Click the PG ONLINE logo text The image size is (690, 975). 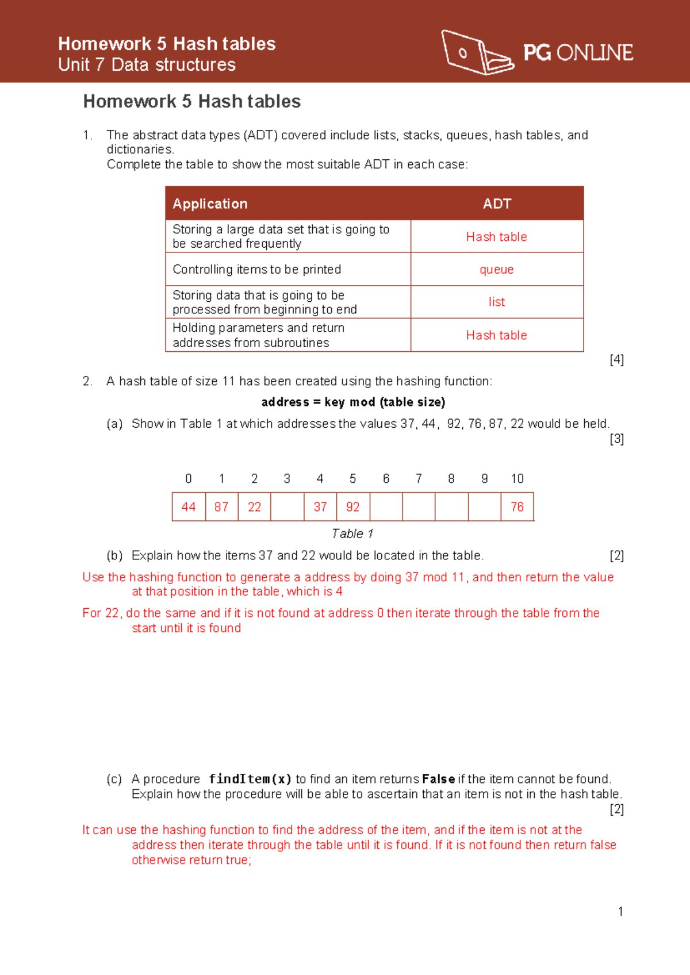point(577,53)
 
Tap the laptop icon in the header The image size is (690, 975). point(476,53)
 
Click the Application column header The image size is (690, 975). point(210,204)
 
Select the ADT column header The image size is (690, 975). point(497,204)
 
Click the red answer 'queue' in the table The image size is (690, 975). point(497,270)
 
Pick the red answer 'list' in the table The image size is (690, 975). point(497,302)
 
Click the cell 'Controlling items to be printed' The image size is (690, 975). point(257,270)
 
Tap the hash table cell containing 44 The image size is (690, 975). point(189,507)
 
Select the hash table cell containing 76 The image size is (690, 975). point(517,507)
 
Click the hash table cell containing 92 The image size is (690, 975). point(352,507)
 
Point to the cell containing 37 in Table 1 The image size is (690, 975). point(320,507)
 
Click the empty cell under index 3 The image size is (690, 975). point(287,507)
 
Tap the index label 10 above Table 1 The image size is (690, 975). point(517,478)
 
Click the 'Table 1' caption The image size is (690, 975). point(352,533)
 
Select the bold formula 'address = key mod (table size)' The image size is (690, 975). point(353,402)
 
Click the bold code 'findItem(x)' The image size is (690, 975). point(250,779)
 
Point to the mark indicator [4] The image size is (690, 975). point(616,360)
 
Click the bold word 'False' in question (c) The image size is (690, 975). point(438,779)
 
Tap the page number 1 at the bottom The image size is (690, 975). point(620,911)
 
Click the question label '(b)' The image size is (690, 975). point(114,555)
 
